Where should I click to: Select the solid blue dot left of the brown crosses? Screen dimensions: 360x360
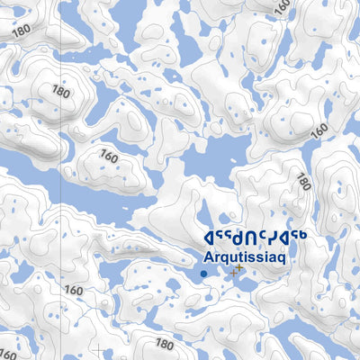tap(203, 273)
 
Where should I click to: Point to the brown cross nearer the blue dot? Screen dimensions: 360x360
tap(234, 271)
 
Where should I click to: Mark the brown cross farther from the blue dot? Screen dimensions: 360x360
tap(239, 266)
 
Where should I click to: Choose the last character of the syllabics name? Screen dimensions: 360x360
tap(301, 236)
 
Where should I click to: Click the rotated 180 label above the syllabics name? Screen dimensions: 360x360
tap(302, 183)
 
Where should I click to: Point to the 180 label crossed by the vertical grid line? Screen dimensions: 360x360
tap(61, 91)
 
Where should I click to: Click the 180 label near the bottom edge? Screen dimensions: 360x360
tap(164, 344)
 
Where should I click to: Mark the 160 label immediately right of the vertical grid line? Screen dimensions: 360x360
tap(74, 290)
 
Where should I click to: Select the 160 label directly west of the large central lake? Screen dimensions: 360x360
tap(110, 154)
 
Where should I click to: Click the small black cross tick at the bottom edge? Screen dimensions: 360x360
tap(98, 348)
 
